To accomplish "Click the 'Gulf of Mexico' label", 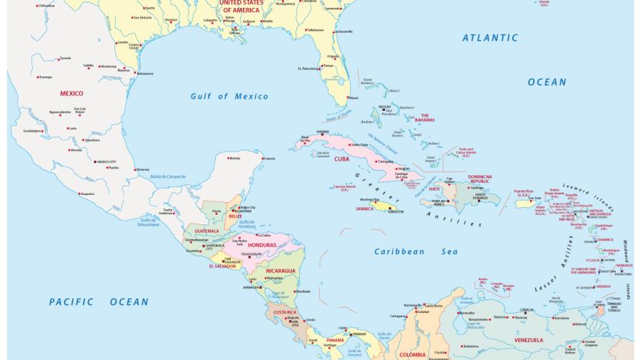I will click(x=229, y=96).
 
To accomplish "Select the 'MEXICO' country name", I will click(x=71, y=94).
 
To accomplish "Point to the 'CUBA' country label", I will click(x=342, y=159).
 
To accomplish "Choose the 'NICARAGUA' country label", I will click(x=281, y=271).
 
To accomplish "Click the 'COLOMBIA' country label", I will click(x=413, y=354).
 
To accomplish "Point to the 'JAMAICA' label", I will click(x=365, y=209).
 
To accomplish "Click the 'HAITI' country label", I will click(x=434, y=189).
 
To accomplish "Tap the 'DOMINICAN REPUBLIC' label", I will click(x=480, y=179).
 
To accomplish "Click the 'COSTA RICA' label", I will click(x=285, y=312).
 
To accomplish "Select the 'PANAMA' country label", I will click(x=335, y=340).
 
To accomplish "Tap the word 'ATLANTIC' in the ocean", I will click(x=490, y=38).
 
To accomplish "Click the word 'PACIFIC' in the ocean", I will click(x=71, y=302).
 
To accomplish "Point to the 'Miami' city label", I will click(x=354, y=98).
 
